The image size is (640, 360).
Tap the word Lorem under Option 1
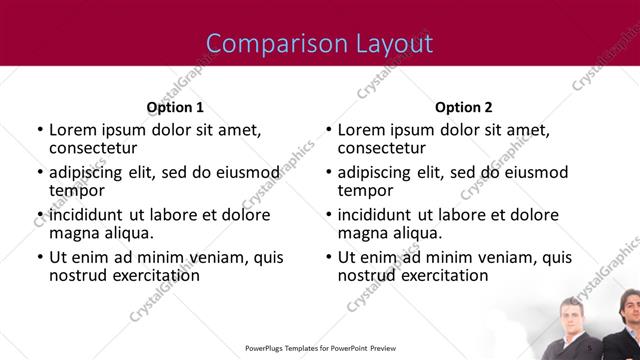coord(73,130)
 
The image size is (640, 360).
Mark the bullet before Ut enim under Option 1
coord(39,257)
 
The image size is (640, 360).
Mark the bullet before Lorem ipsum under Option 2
coord(328,130)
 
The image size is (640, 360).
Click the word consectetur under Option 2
coord(383,148)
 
